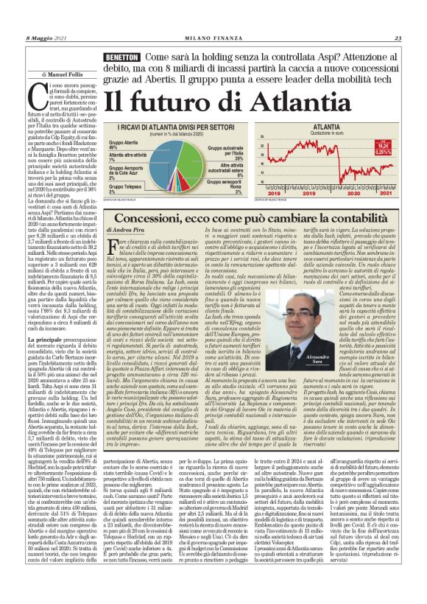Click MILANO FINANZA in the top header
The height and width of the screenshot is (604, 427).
click(213, 38)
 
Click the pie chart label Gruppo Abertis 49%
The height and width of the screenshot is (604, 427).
click(122, 144)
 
